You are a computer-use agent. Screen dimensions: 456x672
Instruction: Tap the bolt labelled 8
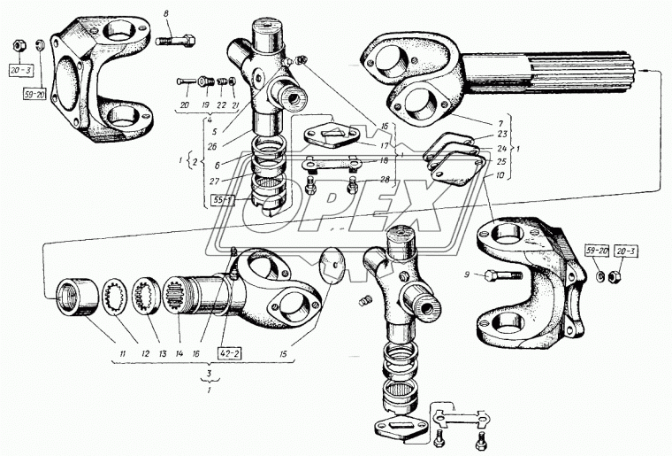[174, 40]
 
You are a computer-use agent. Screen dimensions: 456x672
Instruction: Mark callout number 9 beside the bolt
[465, 274]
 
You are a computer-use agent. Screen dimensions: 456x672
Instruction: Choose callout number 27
[214, 180]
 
